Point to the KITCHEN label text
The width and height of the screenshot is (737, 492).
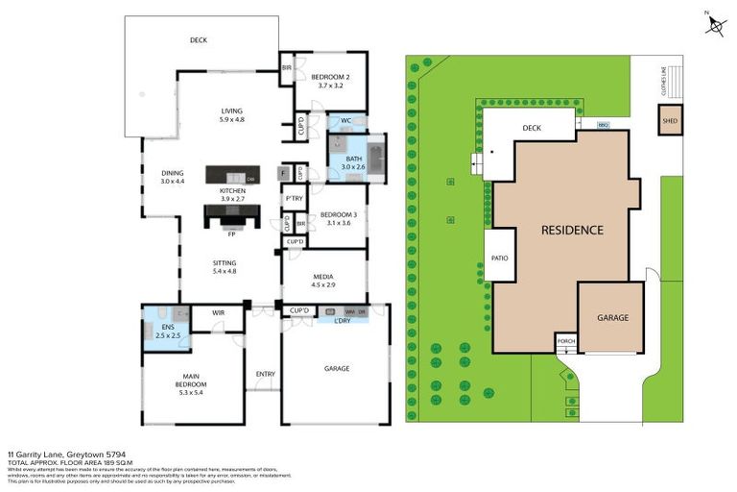click(x=232, y=191)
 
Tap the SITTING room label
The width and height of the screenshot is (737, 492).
click(x=224, y=262)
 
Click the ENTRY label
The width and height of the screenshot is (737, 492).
click(x=265, y=374)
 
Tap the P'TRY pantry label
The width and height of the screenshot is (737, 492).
click(x=294, y=199)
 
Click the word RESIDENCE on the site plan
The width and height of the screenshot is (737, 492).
click(x=572, y=230)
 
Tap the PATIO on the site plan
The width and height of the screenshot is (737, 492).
click(x=499, y=258)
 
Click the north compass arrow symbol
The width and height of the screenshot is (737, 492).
click(x=714, y=24)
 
